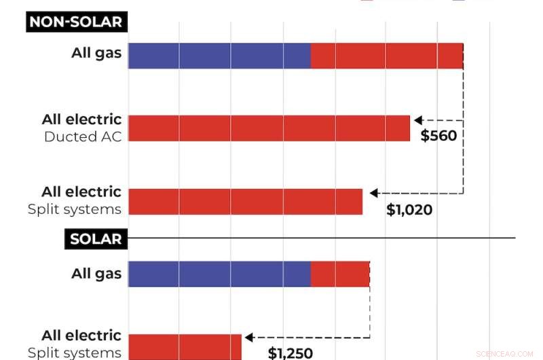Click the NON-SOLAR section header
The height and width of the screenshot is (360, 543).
click(x=77, y=22)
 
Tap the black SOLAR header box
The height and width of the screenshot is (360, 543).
click(x=96, y=239)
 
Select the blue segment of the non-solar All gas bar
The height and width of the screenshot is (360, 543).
click(x=219, y=56)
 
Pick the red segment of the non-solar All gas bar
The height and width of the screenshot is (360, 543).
click(x=387, y=56)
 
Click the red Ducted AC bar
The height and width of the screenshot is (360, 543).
click(x=269, y=128)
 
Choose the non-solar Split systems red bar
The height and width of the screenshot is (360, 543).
click(x=245, y=202)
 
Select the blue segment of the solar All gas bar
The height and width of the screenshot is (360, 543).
click(x=219, y=274)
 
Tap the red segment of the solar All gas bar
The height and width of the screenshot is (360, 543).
click(x=340, y=274)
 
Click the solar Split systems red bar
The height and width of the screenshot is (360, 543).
click(x=185, y=346)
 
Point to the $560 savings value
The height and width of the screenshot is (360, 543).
click(x=438, y=135)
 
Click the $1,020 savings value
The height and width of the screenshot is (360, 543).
click(x=409, y=210)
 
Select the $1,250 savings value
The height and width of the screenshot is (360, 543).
click(x=290, y=353)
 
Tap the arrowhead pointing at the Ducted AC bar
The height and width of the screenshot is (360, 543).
click(x=418, y=120)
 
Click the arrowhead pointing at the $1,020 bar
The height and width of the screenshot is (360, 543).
click(x=373, y=194)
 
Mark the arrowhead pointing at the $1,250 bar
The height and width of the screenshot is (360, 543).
click(x=249, y=337)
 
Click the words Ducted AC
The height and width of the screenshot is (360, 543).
click(x=83, y=137)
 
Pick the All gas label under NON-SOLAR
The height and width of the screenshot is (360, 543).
click(x=96, y=52)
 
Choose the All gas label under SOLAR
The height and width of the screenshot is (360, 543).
click(x=96, y=274)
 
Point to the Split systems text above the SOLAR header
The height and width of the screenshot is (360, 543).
click(x=75, y=209)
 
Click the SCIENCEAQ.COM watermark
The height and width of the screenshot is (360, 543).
click(x=505, y=354)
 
